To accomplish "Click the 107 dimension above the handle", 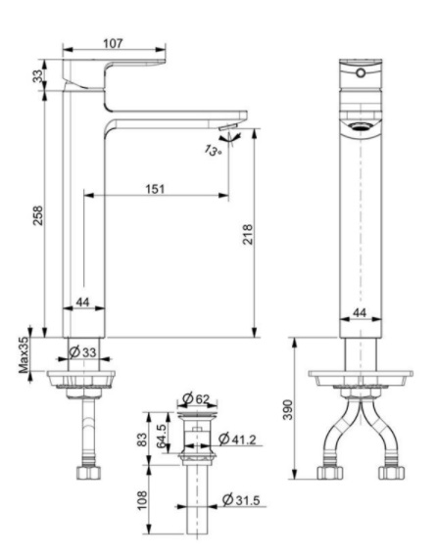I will pos(114,42).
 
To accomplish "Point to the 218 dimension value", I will pos(248,236).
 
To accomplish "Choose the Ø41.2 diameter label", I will pos(238,438).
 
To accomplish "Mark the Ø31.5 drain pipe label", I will pos(242,502).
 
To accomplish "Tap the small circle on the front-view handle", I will pos(360,72).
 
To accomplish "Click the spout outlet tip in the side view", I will pos(227,128).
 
